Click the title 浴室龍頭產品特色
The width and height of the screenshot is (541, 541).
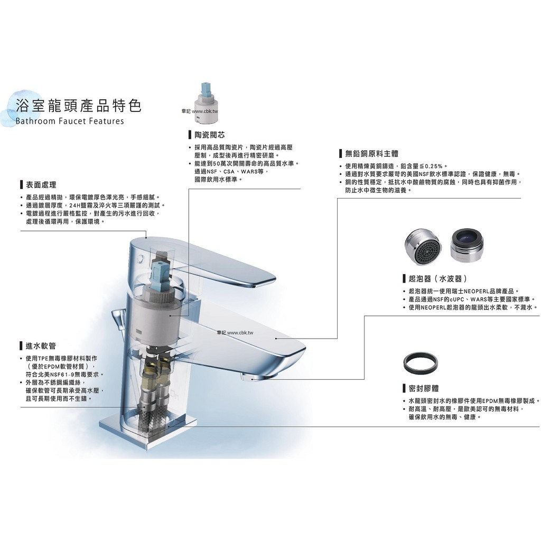click(x=79, y=105)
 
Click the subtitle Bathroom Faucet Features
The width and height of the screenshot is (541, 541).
click(x=70, y=121)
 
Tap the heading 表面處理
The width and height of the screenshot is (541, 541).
click(x=41, y=185)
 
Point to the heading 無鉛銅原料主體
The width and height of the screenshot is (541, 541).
click(x=371, y=154)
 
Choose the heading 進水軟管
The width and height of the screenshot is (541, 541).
click(x=41, y=346)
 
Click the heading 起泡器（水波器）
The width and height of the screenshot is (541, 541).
click(x=438, y=278)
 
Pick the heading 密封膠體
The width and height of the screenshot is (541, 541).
click(x=424, y=388)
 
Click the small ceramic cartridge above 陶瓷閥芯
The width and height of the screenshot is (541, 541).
click(x=206, y=103)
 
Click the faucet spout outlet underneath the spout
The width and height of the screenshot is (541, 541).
click(x=253, y=378)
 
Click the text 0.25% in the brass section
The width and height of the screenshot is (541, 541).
click(x=434, y=166)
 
